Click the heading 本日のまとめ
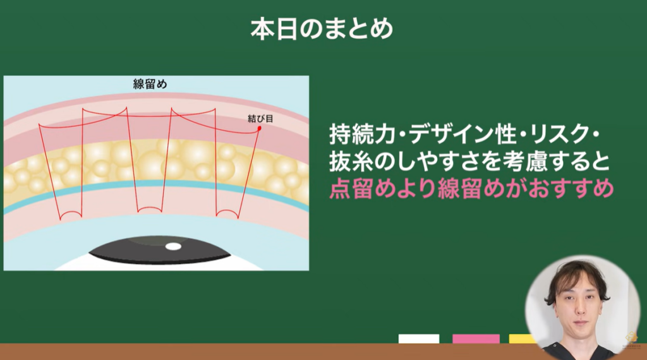[x=322, y=30]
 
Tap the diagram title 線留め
[x=150, y=85]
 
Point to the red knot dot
[x=258, y=129]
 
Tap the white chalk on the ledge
[x=418, y=339]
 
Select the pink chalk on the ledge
[x=476, y=339]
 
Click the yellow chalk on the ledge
[x=522, y=339]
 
